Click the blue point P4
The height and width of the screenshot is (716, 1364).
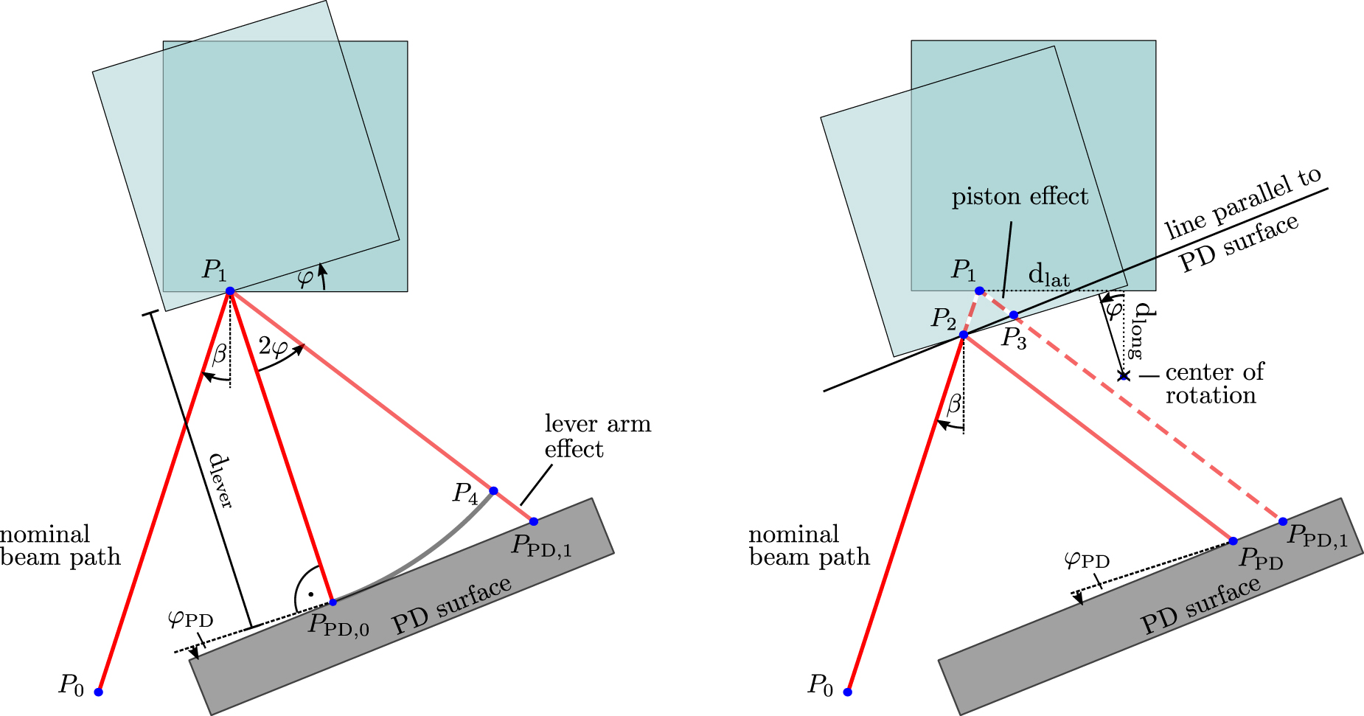click(x=493, y=490)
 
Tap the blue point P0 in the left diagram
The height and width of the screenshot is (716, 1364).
click(x=98, y=692)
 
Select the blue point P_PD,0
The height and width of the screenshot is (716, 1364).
click(x=333, y=602)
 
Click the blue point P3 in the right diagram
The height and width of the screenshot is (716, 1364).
click(x=1014, y=315)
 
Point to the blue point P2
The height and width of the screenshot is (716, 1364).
click(x=963, y=335)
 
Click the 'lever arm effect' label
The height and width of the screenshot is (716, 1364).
click(x=597, y=436)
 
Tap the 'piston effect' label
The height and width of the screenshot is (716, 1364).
click(x=1019, y=197)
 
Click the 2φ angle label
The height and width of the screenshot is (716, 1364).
click(x=272, y=345)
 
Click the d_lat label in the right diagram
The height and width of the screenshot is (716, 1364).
click(x=1048, y=276)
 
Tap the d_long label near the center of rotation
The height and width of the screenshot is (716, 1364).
click(x=1140, y=330)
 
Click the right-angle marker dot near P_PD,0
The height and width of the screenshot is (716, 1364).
click(x=311, y=594)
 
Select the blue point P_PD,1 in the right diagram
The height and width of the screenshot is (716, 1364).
click(x=1283, y=521)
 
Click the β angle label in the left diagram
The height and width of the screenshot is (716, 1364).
click(x=220, y=355)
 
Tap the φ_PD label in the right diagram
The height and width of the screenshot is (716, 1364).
click(x=1087, y=560)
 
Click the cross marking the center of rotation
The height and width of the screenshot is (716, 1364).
click(x=1124, y=377)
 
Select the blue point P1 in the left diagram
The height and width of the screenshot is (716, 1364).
click(x=230, y=291)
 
